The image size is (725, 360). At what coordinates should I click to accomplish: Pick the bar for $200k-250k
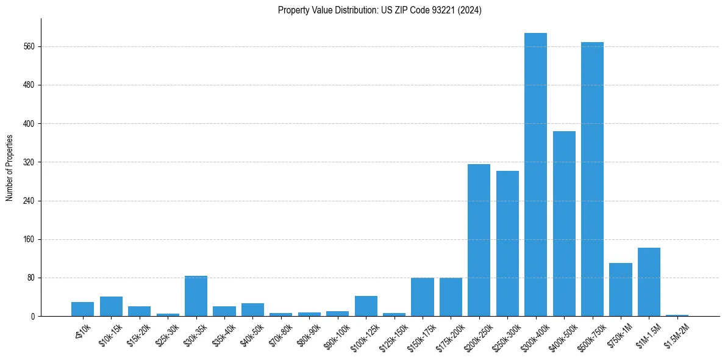pyautogui.click(x=479, y=240)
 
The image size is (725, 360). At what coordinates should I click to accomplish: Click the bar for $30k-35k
pyautogui.click(x=196, y=296)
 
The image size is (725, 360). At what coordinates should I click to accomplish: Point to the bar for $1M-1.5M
pyautogui.click(x=649, y=282)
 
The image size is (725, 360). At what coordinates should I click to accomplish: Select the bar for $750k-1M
pyautogui.click(x=620, y=289)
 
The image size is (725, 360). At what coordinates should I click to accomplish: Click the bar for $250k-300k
pyautogui.click(x=507, y=243)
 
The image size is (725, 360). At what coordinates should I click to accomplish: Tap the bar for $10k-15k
pyautogui.click(x=111, y=306)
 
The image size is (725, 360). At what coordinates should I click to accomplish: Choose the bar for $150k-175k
pyautogui.click(x=422, y=297)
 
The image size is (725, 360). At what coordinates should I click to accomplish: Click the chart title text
pyautogui.click(x=379, y=10)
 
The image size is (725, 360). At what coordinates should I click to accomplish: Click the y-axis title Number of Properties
pyautogui.click(x=10, y=168)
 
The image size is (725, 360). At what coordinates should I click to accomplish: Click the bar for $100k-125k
pyautogui.click(x=366, y=306)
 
